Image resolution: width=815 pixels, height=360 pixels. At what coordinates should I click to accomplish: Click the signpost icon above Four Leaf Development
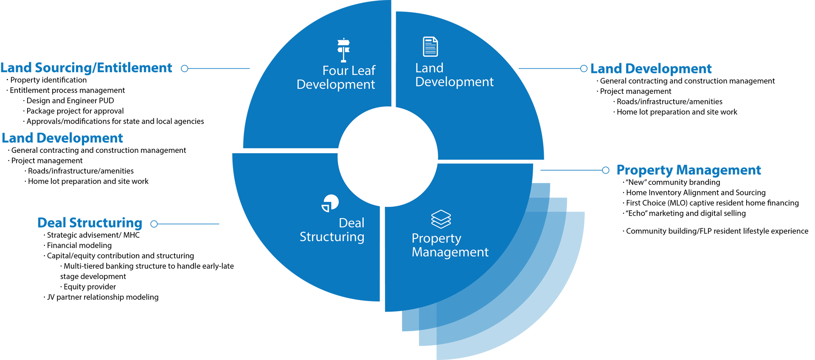click(x=343, y=50)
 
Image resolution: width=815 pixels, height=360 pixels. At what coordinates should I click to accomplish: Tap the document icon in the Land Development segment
click(x=430, y=47)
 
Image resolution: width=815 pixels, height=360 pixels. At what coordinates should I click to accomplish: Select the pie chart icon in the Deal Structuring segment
click(x=330, y=203)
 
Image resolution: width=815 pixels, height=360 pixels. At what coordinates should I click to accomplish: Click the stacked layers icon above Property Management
click(x=441, y=219)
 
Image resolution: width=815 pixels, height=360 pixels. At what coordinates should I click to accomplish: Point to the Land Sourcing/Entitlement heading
click(x=86, y=68)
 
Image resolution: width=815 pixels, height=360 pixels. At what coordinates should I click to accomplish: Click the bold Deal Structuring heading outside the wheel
click(x=90, y=223)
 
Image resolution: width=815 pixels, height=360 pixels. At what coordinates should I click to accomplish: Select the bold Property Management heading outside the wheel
click(x=689, y=170)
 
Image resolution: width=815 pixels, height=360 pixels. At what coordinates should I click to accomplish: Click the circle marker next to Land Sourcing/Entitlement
click(x=185, y=68)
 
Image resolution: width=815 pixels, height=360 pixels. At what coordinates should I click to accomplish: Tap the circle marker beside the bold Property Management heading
click(x=606, y=170)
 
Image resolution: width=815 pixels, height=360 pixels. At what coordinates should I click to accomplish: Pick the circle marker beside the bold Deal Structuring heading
click(x=154, y=224)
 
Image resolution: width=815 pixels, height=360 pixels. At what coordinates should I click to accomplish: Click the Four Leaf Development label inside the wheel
click(x=336, y=77)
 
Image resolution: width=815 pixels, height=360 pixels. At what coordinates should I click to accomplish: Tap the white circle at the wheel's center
click(x=388, y=157)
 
